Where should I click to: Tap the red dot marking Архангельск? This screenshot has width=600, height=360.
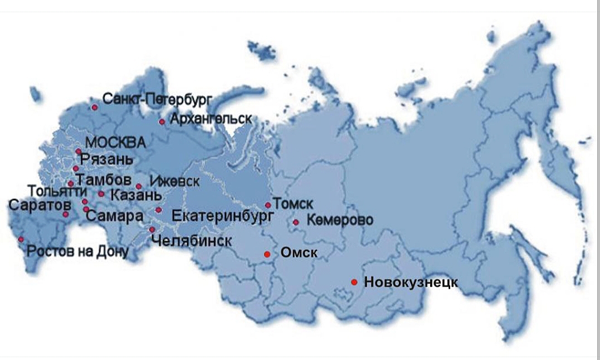[x=162, y=121]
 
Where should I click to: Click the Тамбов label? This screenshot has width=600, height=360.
[x=105, y=180]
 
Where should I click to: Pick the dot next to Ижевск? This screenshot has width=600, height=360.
[x=139, y=187]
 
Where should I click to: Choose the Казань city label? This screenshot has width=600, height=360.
[x=136, y=196]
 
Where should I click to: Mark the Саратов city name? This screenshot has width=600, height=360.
[x=38, y=205]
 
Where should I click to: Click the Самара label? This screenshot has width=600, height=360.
[x=118, y=216]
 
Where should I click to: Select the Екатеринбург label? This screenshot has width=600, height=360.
[x=223, y=215]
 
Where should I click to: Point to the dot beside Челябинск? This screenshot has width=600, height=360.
[x=152, y=230]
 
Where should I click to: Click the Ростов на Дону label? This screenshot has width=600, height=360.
[x=78, y=251]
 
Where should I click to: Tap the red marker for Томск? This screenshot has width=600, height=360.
[x=268, y=205]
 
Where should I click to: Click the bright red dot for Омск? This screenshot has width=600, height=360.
[x=267, y=254]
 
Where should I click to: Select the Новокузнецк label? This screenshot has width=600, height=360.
[x=411, y=283]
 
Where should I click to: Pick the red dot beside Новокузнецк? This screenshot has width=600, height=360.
[x=354, y=282]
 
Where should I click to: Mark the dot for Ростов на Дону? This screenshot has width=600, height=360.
[x=21, y=240]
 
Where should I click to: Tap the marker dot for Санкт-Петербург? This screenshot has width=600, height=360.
[x=95, y=107]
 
